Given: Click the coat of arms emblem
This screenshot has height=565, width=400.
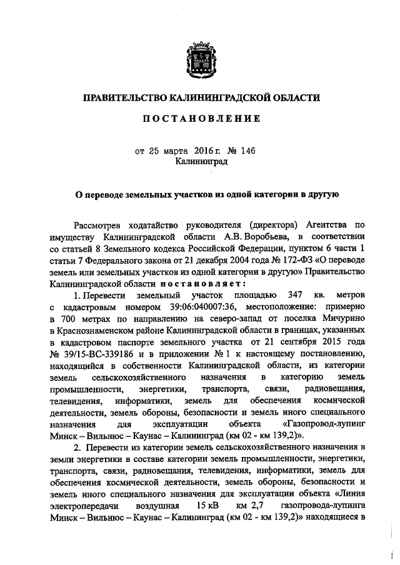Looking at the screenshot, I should (x=199, y=59).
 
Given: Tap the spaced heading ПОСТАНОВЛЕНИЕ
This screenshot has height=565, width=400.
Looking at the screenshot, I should (x=199, y=119).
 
